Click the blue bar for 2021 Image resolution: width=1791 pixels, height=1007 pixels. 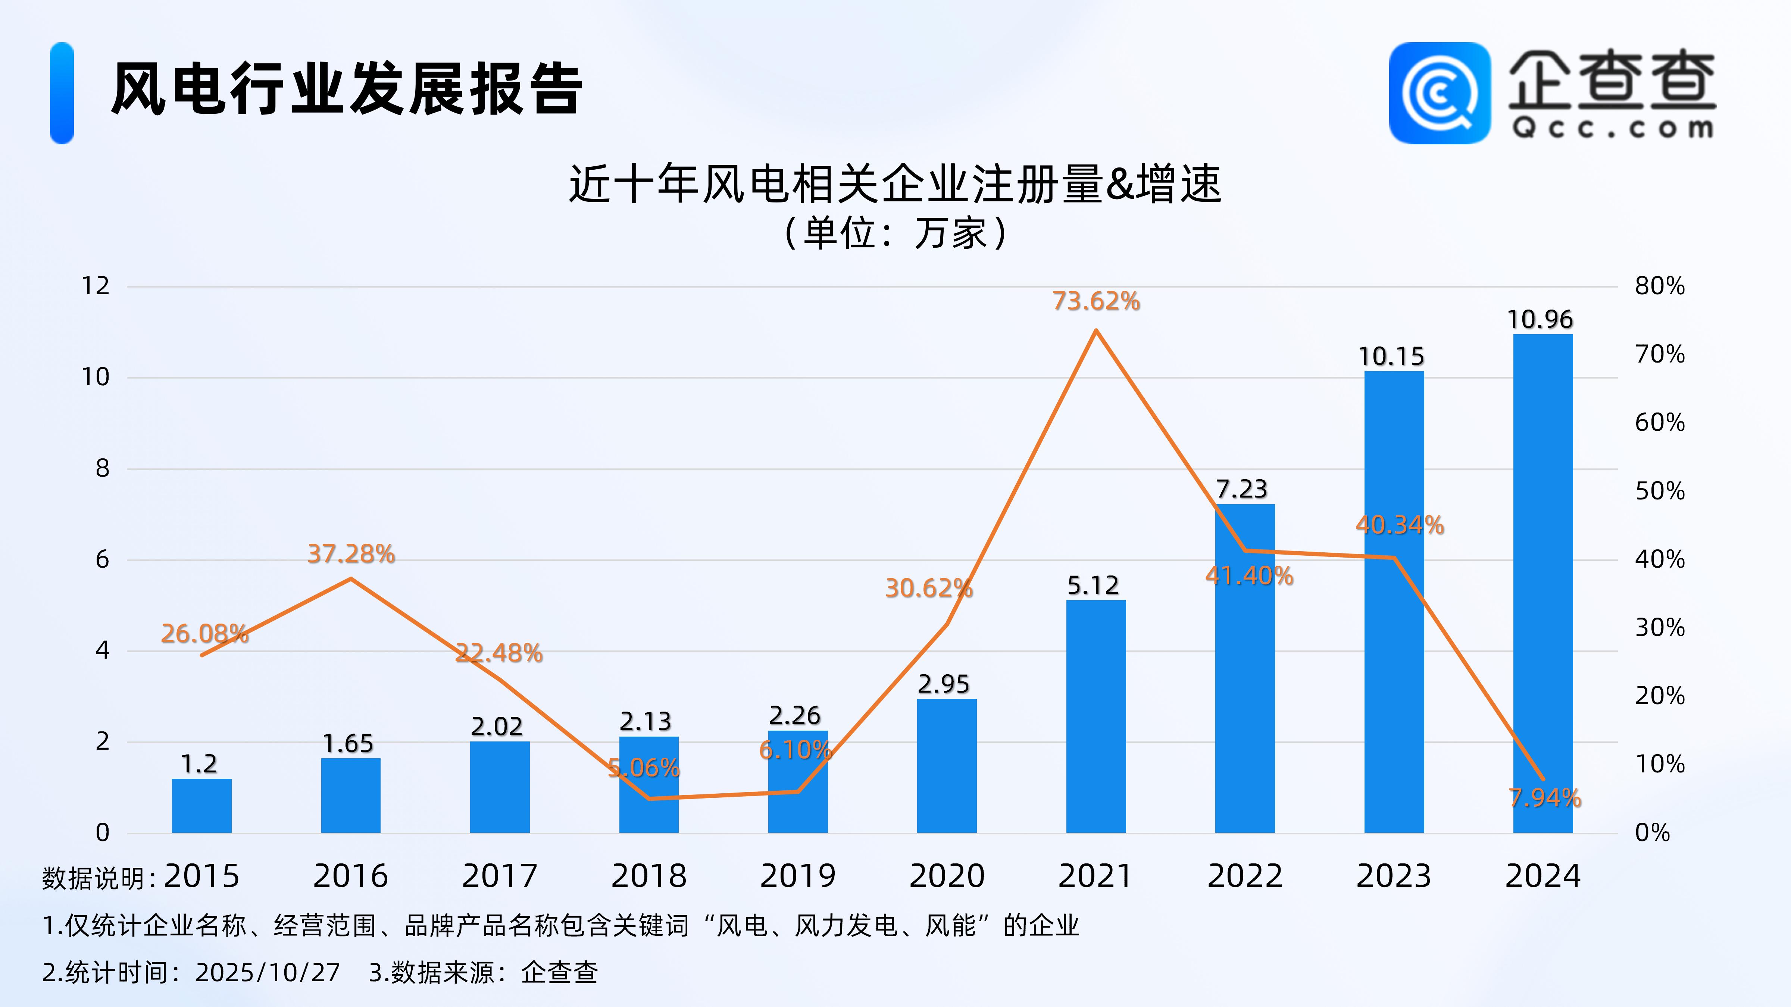coord(1096,716)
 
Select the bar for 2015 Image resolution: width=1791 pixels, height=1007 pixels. coord(201,806)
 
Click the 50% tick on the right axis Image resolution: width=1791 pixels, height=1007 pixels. coord(1660,491)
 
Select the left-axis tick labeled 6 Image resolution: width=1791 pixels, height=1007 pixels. coord(102,559)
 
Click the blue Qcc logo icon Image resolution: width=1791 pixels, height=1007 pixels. coord(1439,93)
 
